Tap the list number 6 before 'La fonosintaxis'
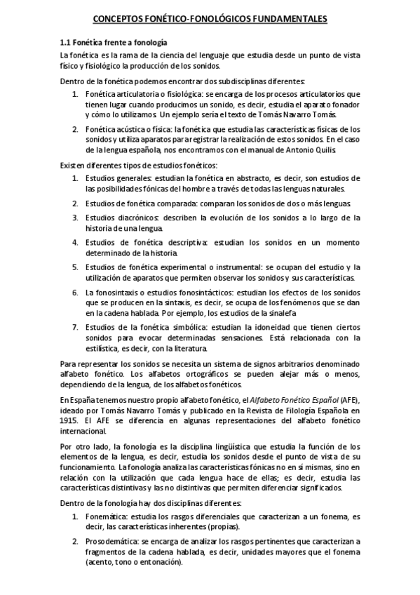[x=74, y=291]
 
